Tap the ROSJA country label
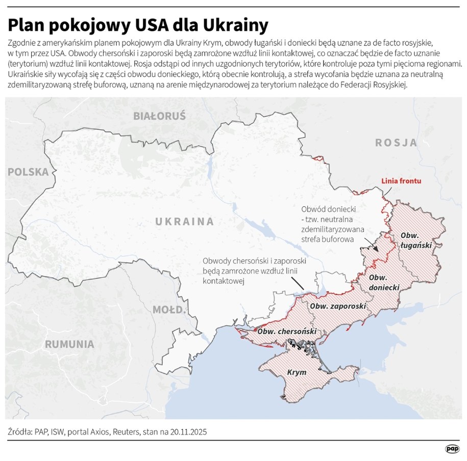pos(397,143)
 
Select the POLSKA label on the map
pos(28,172)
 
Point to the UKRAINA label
pos(184,222)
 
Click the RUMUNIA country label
pos(69,344)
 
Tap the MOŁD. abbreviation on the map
pos(168,309)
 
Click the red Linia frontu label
pos(402,181)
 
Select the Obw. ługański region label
pos(416,240)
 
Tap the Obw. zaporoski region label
pos(338,306)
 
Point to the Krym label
pos(297,372)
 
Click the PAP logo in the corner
pos(452,449)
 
